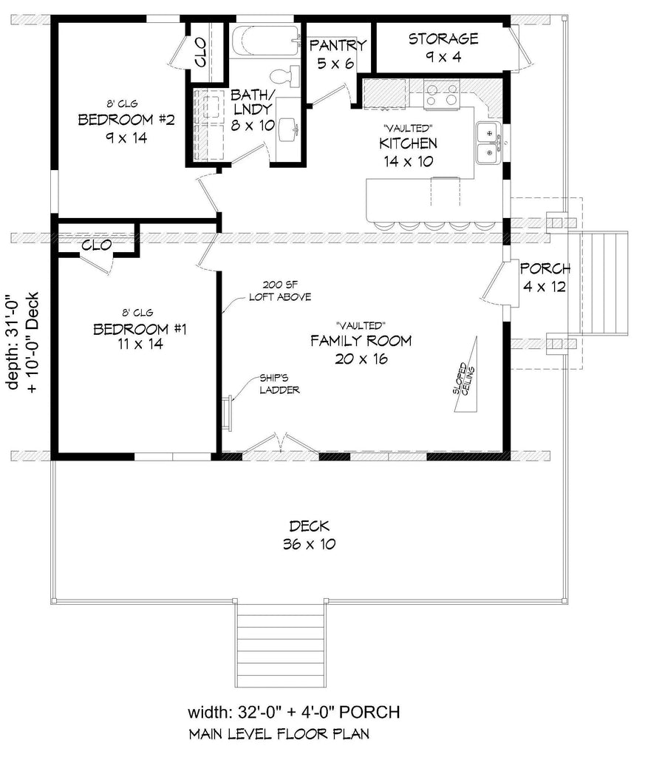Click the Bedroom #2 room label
[x=126, y=119]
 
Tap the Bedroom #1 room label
[x=140, y=329]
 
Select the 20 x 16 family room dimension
[x=361, y=359]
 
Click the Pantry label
[x=338, y=45]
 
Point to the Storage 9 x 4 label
[x=443, y=47]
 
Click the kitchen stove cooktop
[x=441, y=94]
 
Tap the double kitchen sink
[x=489, y=143]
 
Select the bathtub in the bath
[x=265, y=41]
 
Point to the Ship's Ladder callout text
[x=279, y=384]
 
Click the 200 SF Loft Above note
[x=280, y=291]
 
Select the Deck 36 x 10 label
[x=310, y=535]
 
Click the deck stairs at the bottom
[x=279, y=644]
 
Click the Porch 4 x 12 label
[x=545, y=278]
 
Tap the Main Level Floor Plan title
[x=279, y=734]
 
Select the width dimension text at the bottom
[x=293, y=712]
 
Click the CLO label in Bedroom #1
[x=97, y=245]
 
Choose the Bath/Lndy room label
[x=253, y=109]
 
